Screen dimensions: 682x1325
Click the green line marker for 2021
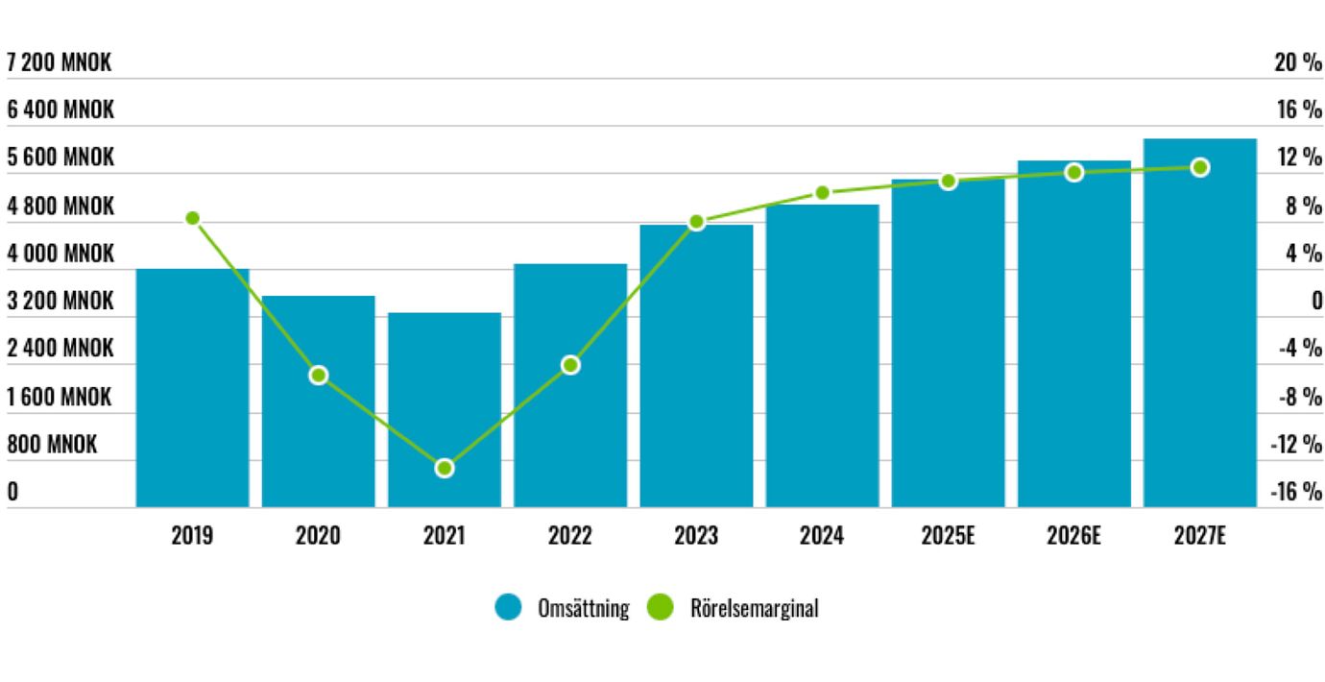click(x=445, y=468)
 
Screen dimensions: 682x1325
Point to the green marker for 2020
click(x=319, y=375)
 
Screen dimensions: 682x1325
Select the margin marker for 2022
click(x=570, y=365)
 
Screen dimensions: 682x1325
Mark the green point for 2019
click(x=192, y=218)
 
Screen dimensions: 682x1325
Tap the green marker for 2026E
click(x=1073, y=172)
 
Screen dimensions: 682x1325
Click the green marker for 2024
click(x=822, y=193)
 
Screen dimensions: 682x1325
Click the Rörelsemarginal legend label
click(x=753, y=608)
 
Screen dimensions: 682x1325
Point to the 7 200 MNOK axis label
click(x=59, y=63)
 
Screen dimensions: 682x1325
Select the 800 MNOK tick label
click(x=52, y=445)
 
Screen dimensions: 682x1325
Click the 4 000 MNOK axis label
click(x=60, y=254)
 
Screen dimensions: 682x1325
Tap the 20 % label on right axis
click(x=1298, y=63)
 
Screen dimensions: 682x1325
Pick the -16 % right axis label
click(x=1296, y=493)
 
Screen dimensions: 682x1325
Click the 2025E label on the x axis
click(x=948, y=536)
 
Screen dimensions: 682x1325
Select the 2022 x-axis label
click(x=570, y=536)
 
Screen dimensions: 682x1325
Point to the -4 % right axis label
click(x=1300, y=348)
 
